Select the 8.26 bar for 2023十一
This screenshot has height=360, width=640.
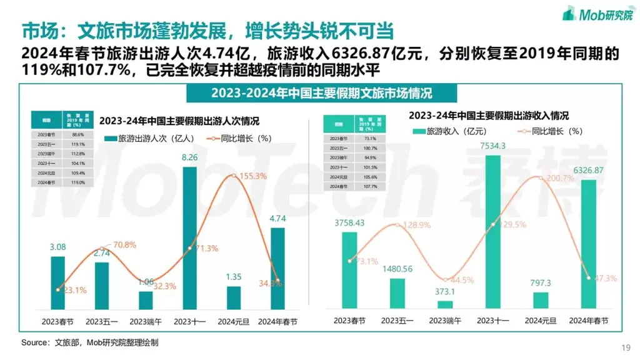190,237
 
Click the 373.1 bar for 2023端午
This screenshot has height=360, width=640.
445,304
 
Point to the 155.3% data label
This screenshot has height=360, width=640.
249,177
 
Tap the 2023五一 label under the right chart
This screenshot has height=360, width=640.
398,321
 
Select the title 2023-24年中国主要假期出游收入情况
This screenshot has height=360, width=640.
488,116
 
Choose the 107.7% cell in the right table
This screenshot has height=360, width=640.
370,186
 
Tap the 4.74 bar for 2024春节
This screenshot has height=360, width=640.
278,269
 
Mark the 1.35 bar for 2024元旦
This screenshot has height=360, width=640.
234,297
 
